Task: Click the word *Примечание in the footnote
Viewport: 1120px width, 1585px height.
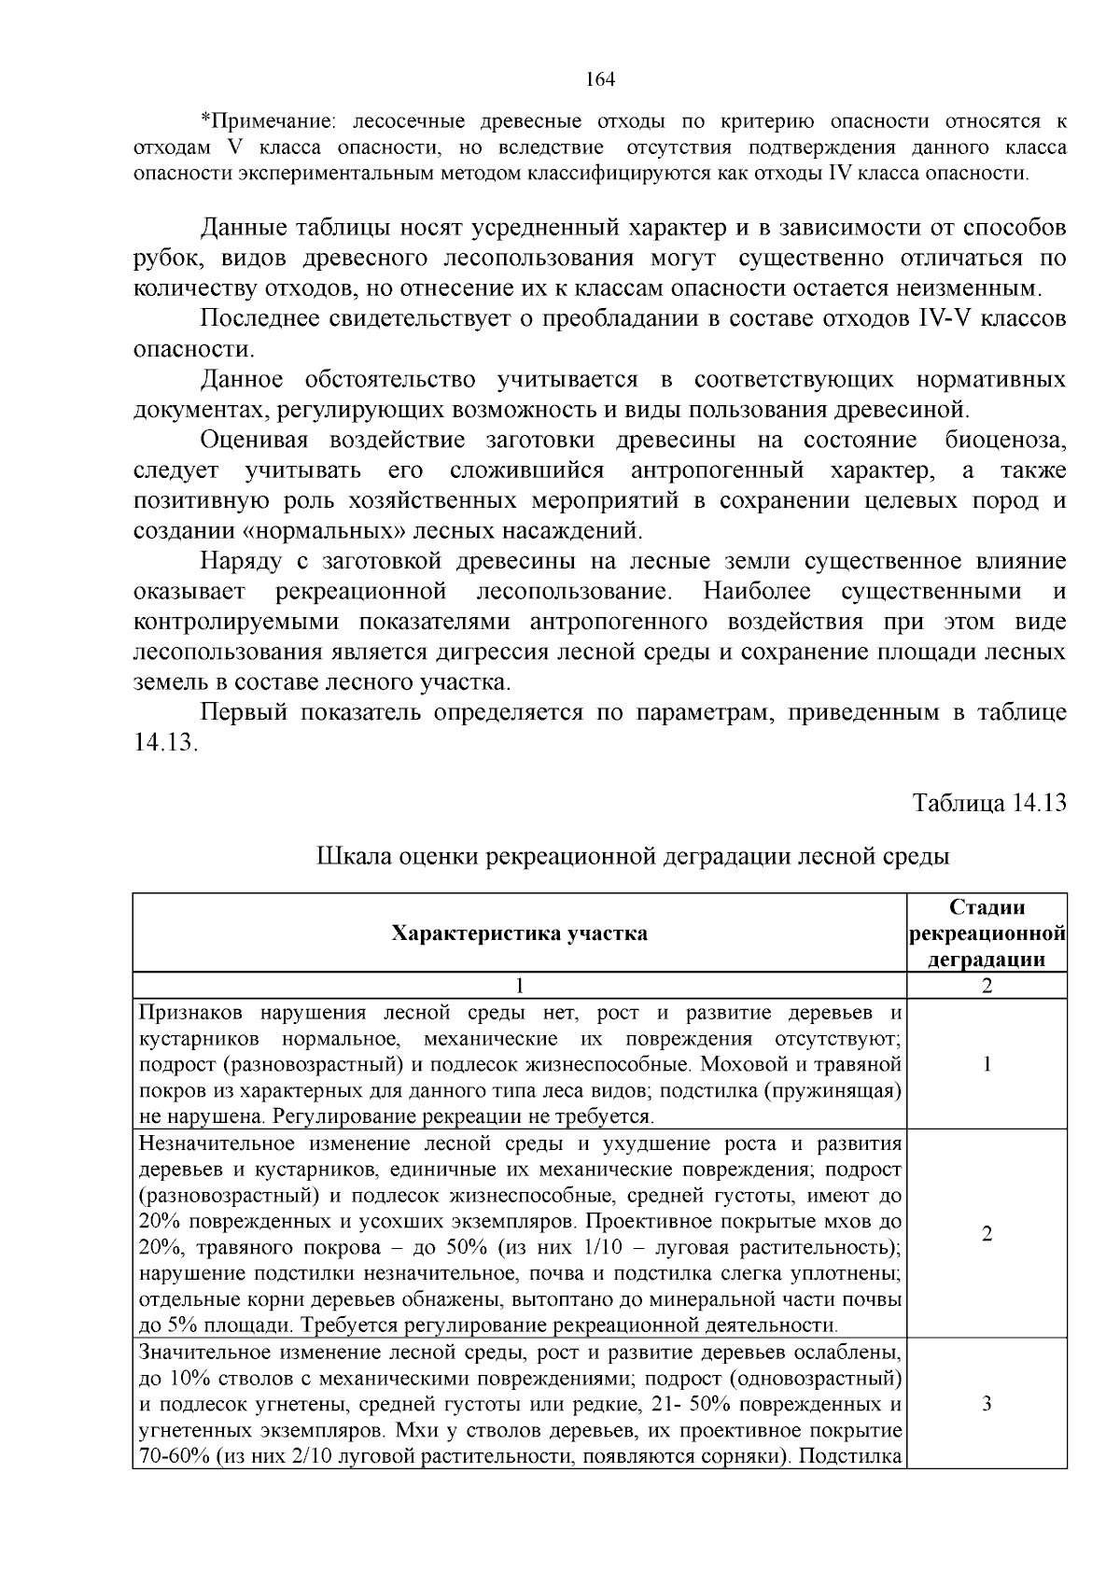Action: (x=265, y=120)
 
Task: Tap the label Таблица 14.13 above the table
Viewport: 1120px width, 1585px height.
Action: (x=988, y=804)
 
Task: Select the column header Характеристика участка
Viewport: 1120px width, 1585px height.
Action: (x=519, y=933)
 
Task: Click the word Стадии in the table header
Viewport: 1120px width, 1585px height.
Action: (x=987, y=907)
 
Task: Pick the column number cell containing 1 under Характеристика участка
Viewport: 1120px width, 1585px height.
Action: (x=520, y=986)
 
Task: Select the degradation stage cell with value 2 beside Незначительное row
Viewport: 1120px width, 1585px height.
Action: (x=987, y=1234)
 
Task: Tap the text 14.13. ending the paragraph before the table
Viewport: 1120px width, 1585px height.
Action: (x=166, y=743)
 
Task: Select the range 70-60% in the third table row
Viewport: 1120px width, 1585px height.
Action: (x=174, y=1457)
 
